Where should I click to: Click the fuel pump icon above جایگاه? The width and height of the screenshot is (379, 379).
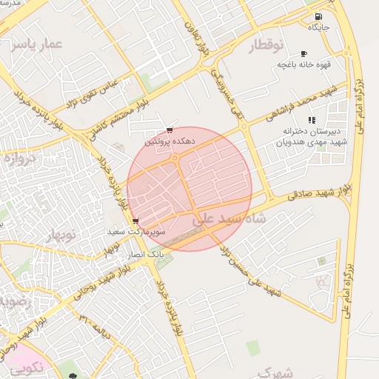318,16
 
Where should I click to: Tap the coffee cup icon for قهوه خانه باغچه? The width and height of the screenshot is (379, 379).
303,54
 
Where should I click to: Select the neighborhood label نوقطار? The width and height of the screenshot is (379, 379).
266,46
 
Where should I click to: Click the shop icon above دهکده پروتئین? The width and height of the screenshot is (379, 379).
171,130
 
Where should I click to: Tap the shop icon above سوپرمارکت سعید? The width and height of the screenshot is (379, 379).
135,221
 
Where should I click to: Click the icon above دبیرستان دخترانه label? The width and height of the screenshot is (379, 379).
312,119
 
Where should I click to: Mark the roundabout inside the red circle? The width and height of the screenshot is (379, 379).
175,157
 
